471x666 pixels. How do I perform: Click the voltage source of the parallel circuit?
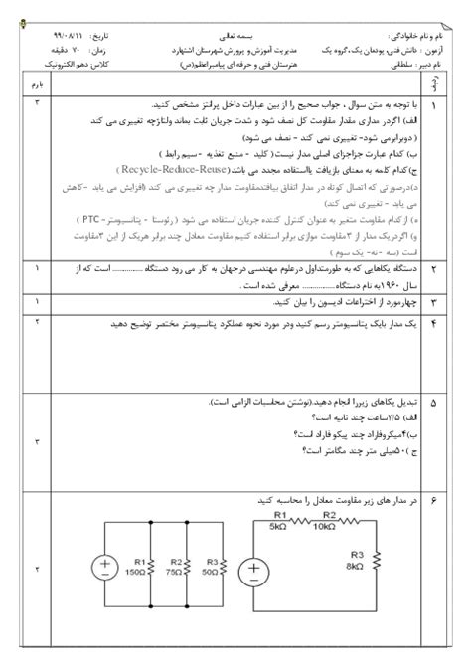(104, 567)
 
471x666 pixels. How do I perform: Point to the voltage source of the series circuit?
(255, 575)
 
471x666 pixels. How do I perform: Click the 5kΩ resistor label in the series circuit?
(279, 521)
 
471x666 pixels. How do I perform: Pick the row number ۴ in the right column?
(433, 323)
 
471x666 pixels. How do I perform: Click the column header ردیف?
(434, 85)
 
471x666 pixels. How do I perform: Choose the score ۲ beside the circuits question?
(38, 569)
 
